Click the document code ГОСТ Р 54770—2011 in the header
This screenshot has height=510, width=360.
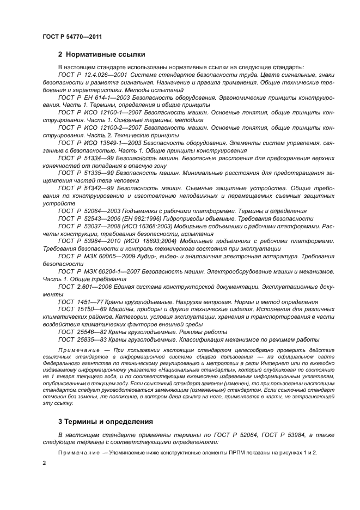(x=72, y=37)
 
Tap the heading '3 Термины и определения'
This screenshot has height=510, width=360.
(x=105, y=422)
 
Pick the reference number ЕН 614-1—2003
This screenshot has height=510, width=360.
(x=102, y=96)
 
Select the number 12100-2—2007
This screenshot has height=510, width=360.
(x=111, y=127)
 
